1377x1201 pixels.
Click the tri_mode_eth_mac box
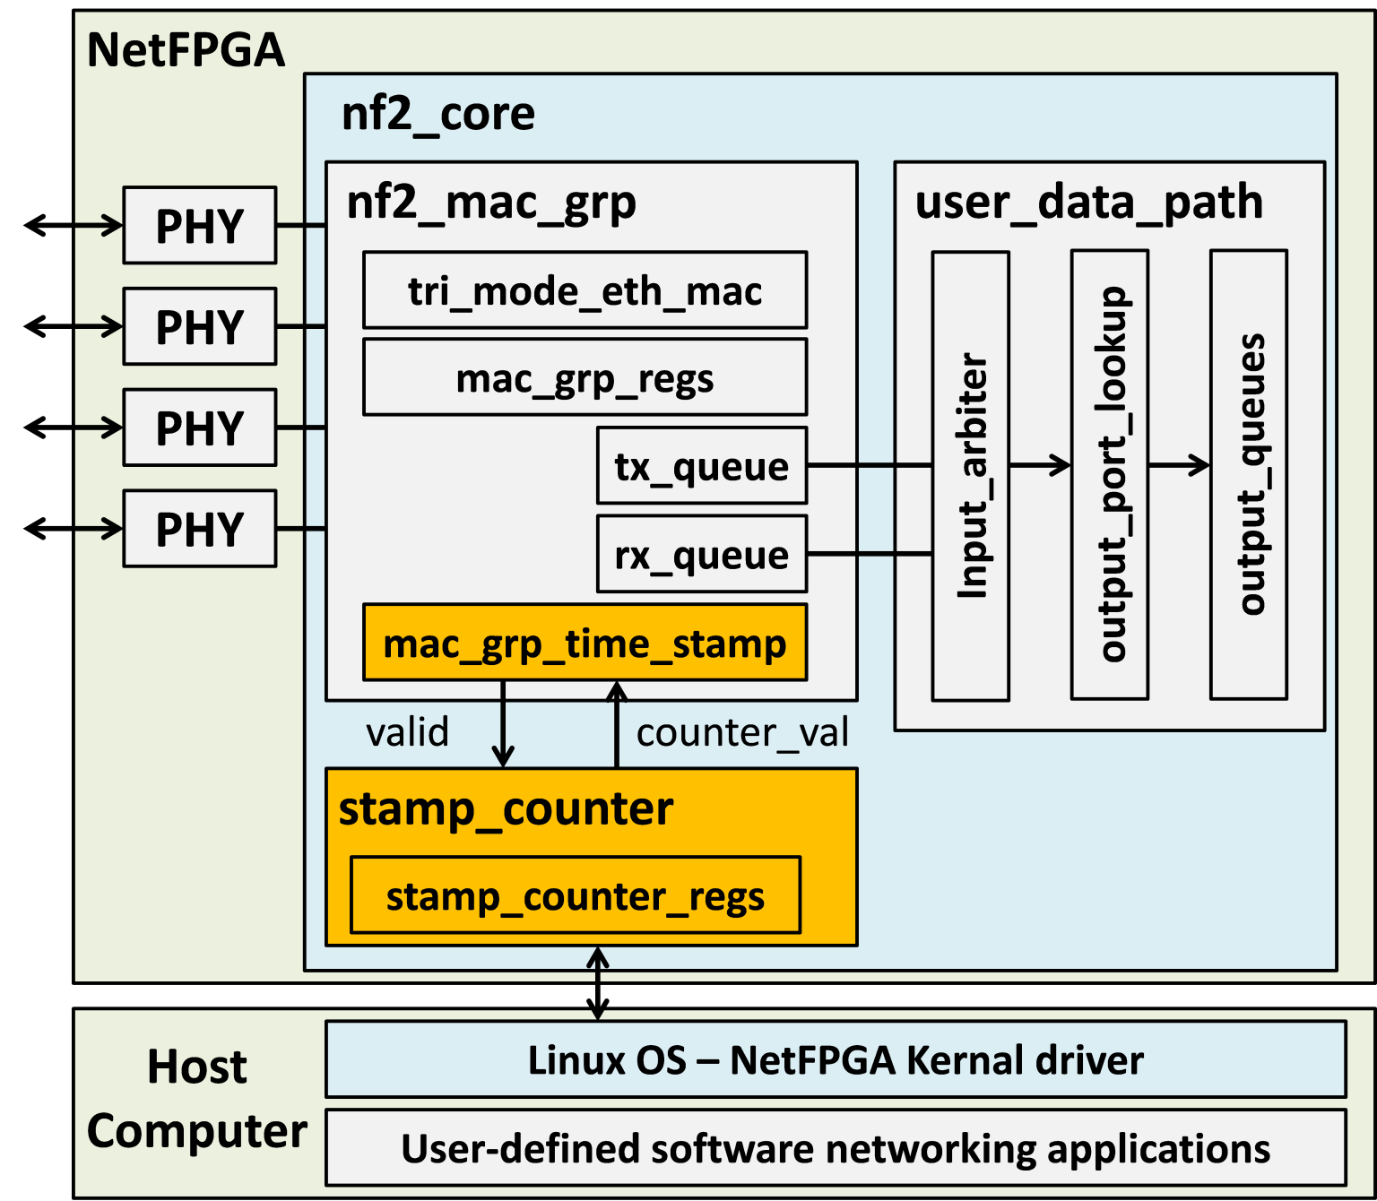(585, 290)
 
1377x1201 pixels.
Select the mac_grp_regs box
(585, 377)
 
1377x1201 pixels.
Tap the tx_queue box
(701, 466)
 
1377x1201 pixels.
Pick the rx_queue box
(701, 554)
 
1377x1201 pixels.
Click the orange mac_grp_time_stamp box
(585, 643)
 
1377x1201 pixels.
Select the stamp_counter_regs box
(575, 895)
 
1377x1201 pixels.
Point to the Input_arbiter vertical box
(971, 475)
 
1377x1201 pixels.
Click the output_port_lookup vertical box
(1110, 475)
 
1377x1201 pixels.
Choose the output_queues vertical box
(1249, 475)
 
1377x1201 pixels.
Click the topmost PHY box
(199, 226)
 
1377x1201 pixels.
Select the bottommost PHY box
(199, 529)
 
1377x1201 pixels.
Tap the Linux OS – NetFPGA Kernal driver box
(836, 1059)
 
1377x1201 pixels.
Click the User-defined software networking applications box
(836, 1148)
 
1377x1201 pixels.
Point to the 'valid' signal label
(407, 732)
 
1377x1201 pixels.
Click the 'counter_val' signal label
(742, 732)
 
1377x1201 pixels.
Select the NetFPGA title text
(186, 50)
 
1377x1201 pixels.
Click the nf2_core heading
(438, 114)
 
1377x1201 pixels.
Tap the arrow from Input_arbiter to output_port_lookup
(1040, 465)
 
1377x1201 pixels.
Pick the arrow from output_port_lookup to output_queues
(1179, 465)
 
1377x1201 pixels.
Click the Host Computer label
(196, 1099)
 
